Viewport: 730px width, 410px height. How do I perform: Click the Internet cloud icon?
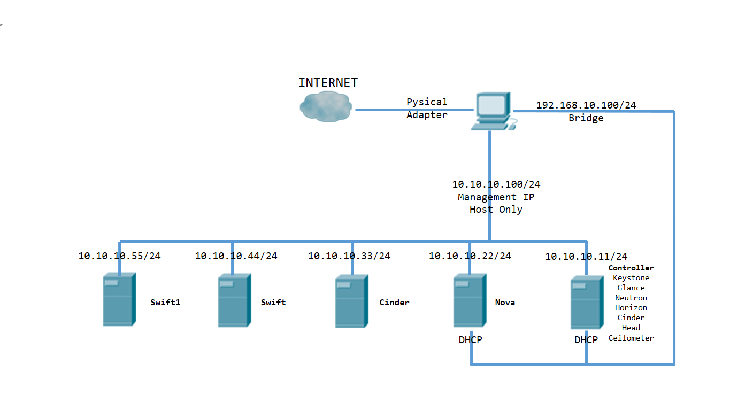pyautogui.click(x=325, y=106)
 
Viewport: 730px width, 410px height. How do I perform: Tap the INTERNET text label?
pyautogui.click(x=328, y=83)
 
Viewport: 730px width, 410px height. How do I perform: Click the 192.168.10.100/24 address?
pyautogui.click(x=586, y=105)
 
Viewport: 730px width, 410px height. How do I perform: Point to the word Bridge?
pyautogui.click(x=586, y=118)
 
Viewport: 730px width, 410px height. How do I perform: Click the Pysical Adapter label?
pyautogui.click(x=427, y=108)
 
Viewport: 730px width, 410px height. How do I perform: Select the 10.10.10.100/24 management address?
pyautogui.click(x=496, y=184)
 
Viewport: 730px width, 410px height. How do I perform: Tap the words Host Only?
pyautogui.click(x=496, y=210)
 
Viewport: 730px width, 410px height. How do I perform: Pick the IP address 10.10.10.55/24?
pyautogui.click(x=119, y=256)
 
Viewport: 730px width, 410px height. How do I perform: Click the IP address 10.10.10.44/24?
pyautogui.click(x=236, y=256)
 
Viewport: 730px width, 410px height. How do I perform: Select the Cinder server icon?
pyautogui.click(x=351, y=301)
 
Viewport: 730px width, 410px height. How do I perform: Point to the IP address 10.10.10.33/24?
pyautogui.click(x=349, y=256)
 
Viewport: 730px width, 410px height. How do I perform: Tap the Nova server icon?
pyautogui.click(x=470, y=300)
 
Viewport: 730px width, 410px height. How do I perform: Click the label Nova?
pyautogui.click(x=505, y=303)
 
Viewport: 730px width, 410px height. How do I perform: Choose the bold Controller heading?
pyautogui.click(x=631, y=268)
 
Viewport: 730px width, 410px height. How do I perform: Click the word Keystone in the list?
pyautogui.click(x=631, y=278)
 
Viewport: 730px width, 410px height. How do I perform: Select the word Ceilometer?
pyautogui.click(x=631, y=338)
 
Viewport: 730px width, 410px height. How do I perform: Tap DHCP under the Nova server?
pyautogui.click(x=470, y=339)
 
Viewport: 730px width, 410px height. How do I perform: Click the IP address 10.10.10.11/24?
pyautogui.click(x=586, y=257)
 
